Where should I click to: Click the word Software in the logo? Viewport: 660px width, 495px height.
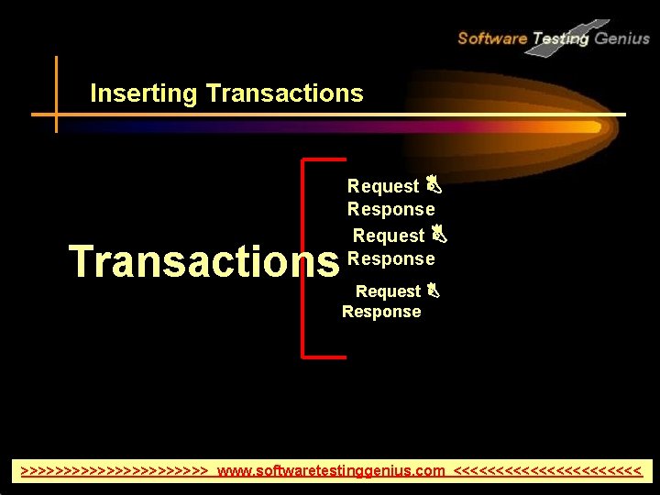(x=491, y=38)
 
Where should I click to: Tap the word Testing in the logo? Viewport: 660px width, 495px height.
(x=560, y=38)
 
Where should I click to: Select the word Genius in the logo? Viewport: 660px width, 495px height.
(x=621, y=38)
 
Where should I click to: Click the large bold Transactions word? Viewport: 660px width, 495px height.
(x=203, y=261)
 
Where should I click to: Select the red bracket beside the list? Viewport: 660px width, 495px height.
(x=304, y=257)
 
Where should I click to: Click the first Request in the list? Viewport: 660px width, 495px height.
(x=382, y=186)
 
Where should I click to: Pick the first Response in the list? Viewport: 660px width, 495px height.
(x=390, y=210)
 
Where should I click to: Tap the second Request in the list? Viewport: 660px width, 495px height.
(x=388, y=236)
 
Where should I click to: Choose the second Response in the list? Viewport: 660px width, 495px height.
(x=390, y=258)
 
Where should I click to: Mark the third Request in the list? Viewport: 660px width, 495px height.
(x=388, y=291)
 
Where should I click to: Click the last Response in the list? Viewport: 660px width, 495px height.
(x=381, y=312)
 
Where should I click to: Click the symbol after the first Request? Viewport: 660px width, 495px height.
(x=434, y=185)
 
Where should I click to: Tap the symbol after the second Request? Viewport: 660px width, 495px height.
(x=438, y=235)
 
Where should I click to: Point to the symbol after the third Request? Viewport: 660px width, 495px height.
(x=434, y=291)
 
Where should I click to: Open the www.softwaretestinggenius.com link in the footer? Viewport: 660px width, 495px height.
(x=332, y=471)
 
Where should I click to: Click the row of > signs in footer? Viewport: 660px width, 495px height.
(x=115, y=471)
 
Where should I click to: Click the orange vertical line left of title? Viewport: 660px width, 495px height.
(x=56, y=93)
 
